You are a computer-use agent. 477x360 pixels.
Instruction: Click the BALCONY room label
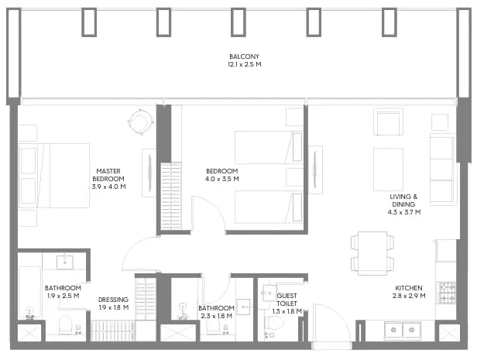244,57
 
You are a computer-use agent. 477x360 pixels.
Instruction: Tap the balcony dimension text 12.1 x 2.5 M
244,65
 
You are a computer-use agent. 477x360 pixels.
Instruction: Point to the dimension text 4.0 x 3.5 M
222,180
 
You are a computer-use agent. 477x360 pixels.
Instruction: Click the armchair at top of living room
388,122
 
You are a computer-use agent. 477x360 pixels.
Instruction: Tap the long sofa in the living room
442,170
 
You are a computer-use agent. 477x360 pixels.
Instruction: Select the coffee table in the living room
388,169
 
